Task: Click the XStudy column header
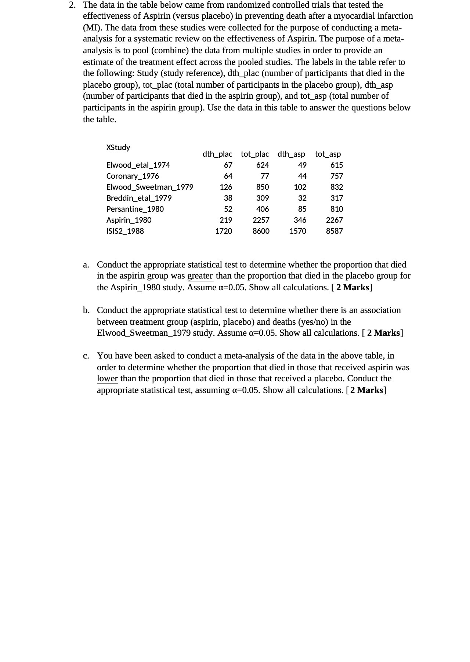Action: coord(118,148)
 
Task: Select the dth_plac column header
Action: coord(217,154)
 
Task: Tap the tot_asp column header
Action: coord(328,154)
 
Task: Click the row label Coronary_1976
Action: coord(133,176)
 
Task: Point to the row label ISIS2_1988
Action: coord(125,231)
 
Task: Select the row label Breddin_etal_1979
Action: coord(139,198)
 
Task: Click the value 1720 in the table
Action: coord(223,231)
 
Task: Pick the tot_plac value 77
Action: coord(264,176)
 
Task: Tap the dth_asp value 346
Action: coord(300,220)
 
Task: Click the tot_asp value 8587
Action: coord(334,231)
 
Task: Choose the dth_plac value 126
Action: coord(226,187)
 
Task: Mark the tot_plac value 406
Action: coord(262,209)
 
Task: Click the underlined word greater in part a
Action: coord(200,276)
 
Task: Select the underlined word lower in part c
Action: coord(107,379)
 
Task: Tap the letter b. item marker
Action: coord(86,310)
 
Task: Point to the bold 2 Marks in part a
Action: coord(352,287)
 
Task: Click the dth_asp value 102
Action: coord(300,187)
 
